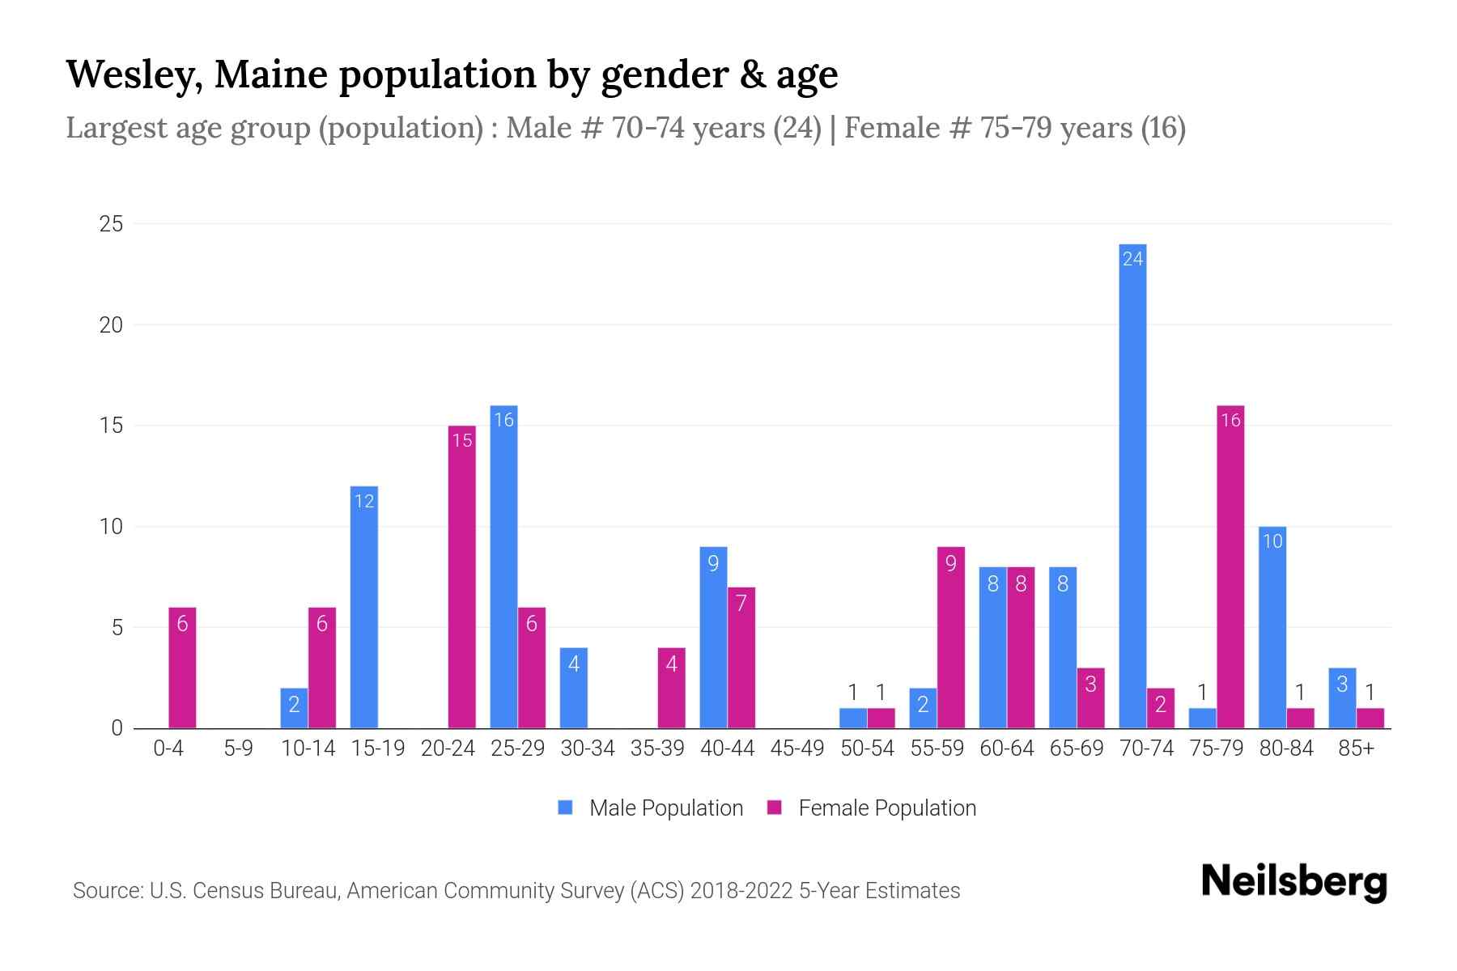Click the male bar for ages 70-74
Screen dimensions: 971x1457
[1132, 485]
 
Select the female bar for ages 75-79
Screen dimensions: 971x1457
[1230, 566]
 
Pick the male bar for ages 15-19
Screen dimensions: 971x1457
[363, 607]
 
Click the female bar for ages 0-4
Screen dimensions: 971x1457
[182, 668]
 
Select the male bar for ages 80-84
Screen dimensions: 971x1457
[1272, 627]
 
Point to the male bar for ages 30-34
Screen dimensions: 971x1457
[573, 688]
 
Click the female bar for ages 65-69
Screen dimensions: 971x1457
[1090, 698]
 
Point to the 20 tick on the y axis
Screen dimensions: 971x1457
[111, 324]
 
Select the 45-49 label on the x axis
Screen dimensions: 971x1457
[796, 748]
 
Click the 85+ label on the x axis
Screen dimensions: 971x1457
[1356, 748]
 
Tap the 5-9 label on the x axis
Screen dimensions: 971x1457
[238, 748]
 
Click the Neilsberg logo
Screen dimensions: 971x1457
[1293, 882]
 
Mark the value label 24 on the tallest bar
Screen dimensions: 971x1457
[1132, 259]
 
